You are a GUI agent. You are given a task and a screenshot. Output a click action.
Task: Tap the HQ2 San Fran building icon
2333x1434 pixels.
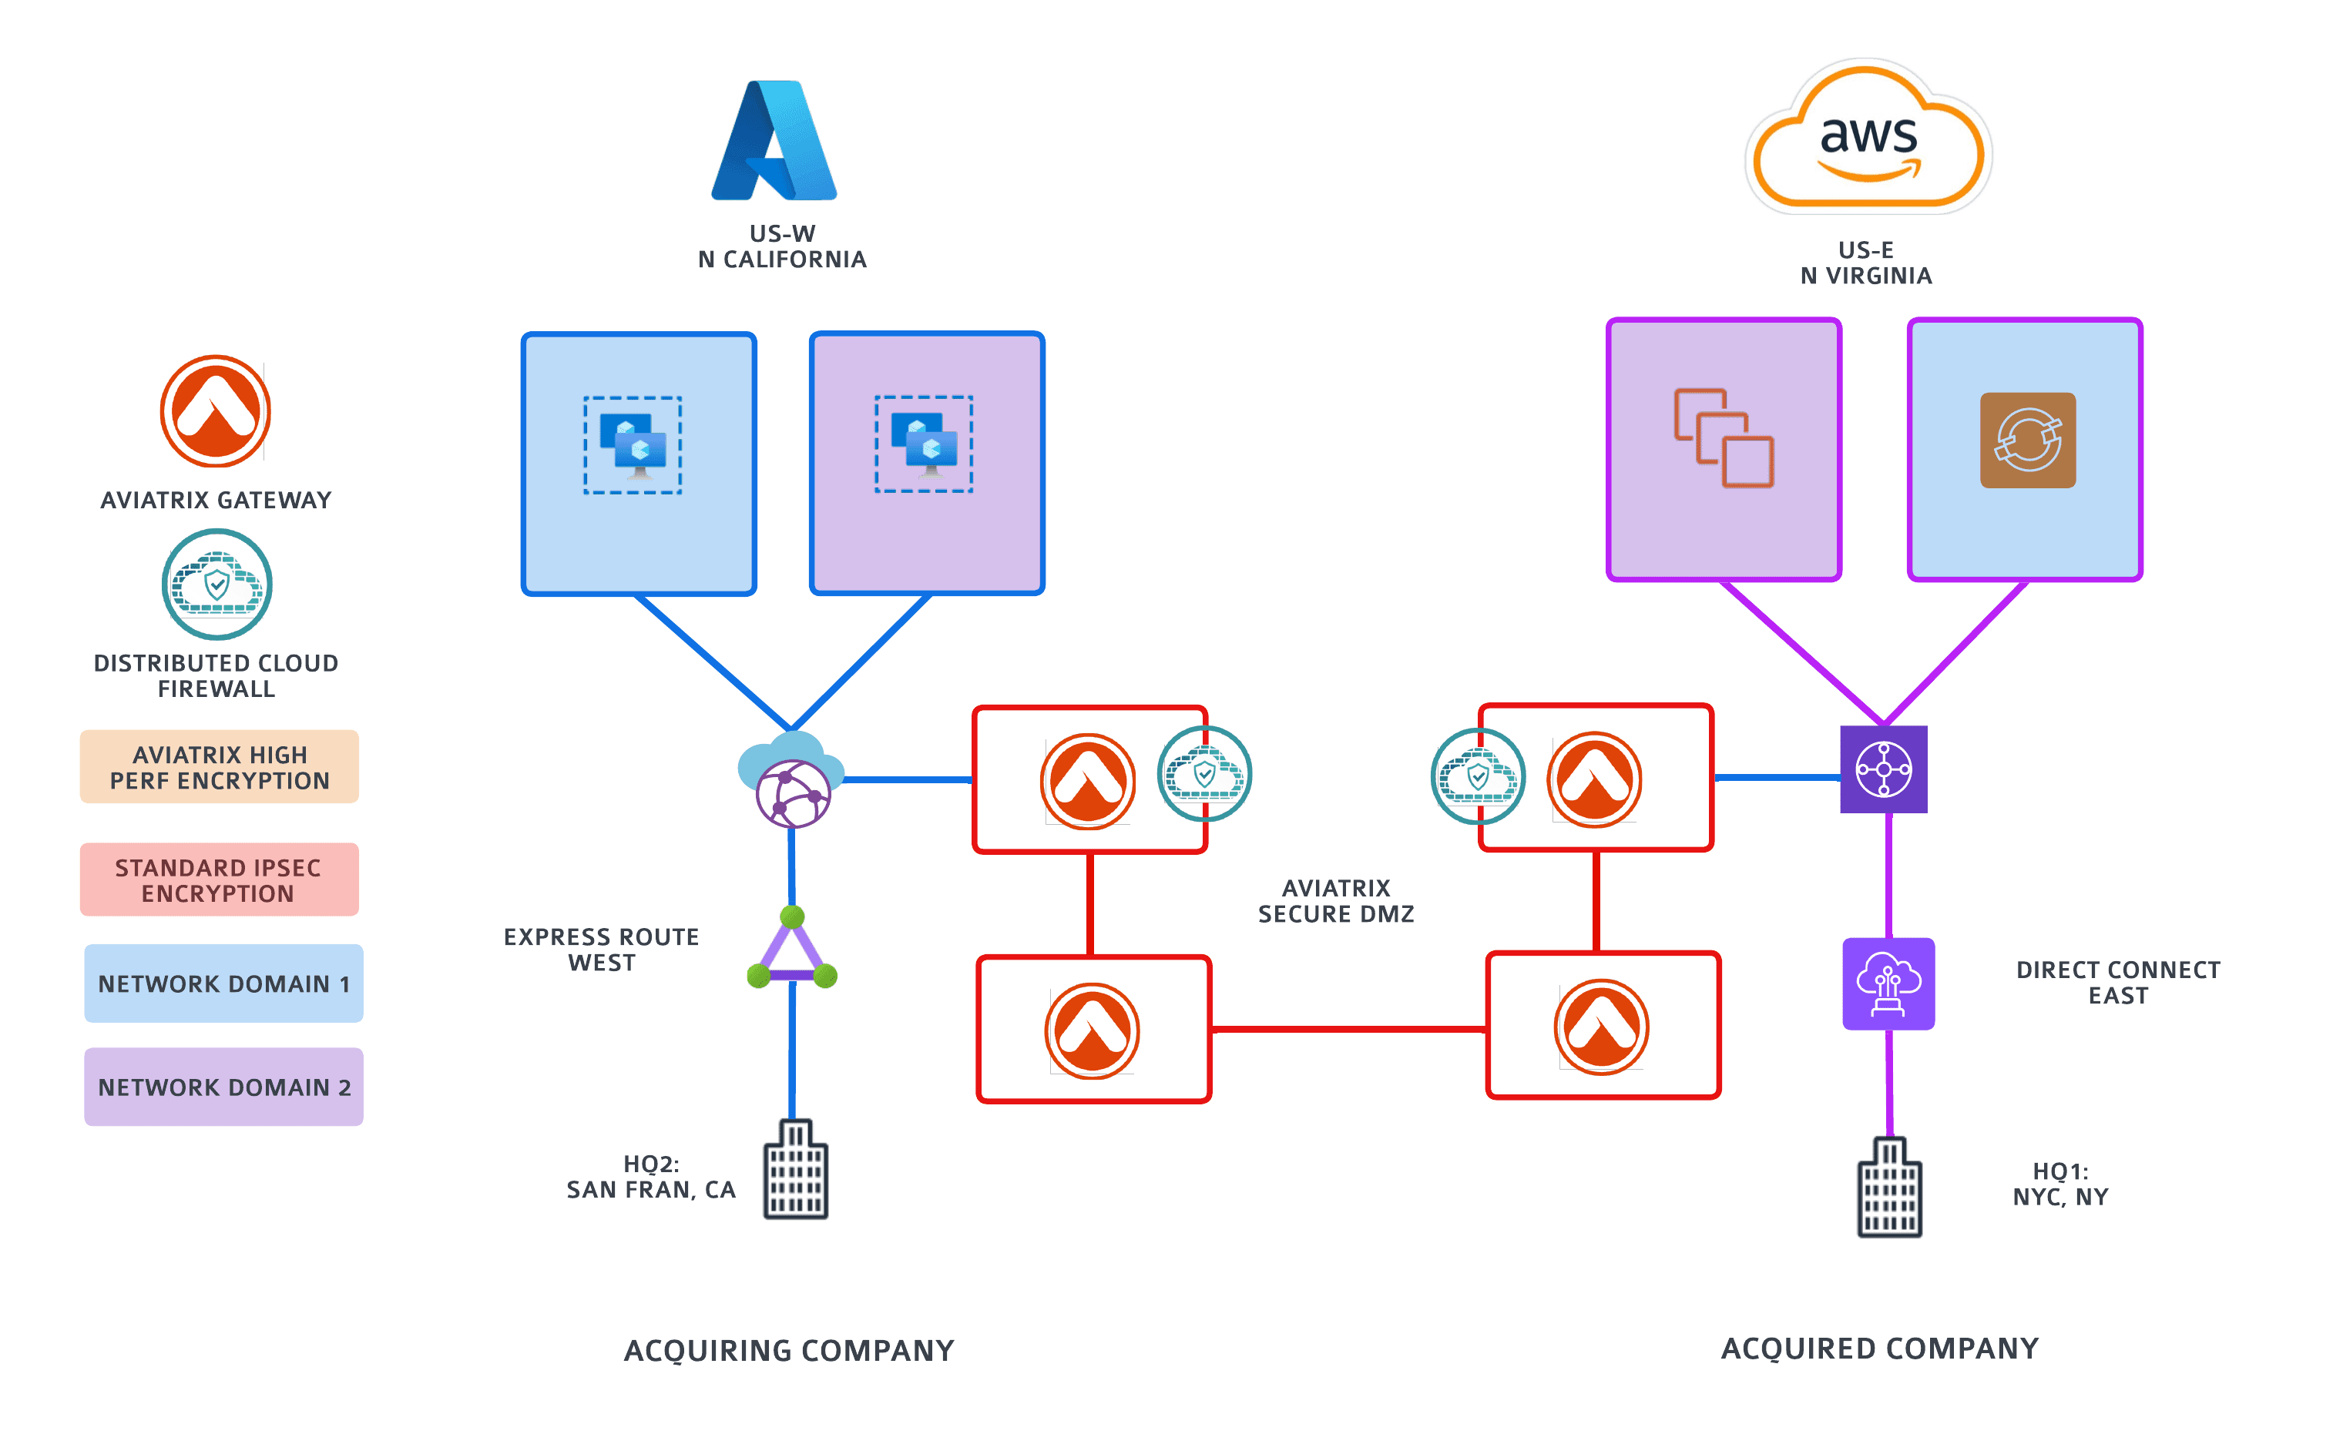[x=796, y=1169]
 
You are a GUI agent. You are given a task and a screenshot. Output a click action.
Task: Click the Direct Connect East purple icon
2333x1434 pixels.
[x=1888, y=983]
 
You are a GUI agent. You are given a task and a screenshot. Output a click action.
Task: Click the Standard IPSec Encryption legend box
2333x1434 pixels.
[x=219, y=879]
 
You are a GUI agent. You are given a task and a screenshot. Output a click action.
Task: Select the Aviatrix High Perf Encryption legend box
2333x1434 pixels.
[x=219, y=766]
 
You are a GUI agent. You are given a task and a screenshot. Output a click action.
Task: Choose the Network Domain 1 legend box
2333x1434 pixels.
[x=224, y=983]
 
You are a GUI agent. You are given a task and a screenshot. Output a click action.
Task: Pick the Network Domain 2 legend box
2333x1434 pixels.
[x=224, y=1087]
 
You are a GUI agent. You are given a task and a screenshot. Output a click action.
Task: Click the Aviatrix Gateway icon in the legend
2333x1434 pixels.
[x=216, y=410]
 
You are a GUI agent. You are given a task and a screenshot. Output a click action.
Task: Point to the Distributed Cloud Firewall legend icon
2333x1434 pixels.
[x=217, y=585]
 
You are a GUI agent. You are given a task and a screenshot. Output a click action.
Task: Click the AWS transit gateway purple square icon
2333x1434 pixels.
[x=1883, y=769]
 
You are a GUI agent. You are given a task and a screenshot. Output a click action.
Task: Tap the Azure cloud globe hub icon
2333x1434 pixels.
[x=792, y=779]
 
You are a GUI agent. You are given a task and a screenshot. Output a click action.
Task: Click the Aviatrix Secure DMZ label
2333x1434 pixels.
[x=1336, y=901]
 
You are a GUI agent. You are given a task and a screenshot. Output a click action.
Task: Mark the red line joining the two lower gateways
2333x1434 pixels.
[x=1348, y=1029]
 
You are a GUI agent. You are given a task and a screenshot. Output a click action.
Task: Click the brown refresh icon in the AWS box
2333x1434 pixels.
[x=2027, y=440]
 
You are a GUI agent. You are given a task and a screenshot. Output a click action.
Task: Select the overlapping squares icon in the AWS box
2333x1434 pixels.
[x=1723, y=438]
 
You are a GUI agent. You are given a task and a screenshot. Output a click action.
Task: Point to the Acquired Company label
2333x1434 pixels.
[x=1879, y=1348]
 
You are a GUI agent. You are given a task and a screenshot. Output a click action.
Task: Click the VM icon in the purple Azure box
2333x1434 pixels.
[x=924, y=444]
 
